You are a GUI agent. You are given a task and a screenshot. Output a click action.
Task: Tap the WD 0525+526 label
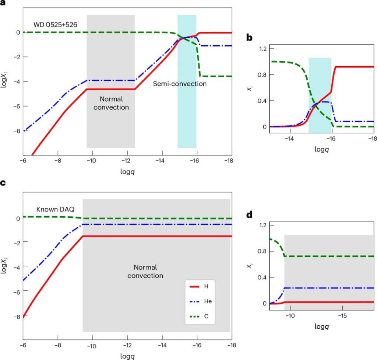(x=54, y=25)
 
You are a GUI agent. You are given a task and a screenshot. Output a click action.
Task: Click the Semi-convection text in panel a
(x=180, y=84)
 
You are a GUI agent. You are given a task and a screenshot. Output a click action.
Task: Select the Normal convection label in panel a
(x=111, y=103)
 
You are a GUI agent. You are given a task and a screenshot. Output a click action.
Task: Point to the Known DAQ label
(x=55, y=209)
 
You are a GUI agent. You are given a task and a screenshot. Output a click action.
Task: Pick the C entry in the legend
(x=208, y=316)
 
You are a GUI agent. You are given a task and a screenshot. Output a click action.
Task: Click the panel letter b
(x=250, y=38)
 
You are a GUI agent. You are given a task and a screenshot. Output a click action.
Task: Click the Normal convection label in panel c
(x=145, y=272)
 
